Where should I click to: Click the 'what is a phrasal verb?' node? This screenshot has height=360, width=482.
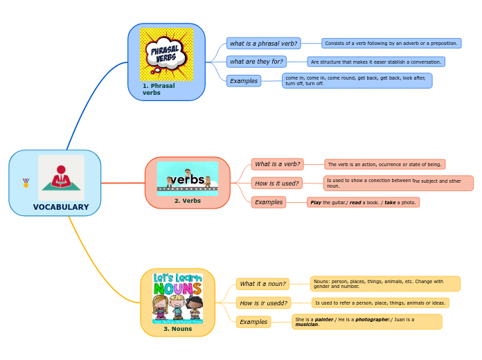263,44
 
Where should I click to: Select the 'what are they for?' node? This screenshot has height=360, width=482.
256,62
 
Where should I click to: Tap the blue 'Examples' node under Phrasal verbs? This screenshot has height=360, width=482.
244,81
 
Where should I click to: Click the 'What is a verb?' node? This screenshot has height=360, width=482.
277,164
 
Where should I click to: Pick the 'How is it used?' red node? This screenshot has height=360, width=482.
277,183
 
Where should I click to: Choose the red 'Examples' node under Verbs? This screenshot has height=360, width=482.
269,202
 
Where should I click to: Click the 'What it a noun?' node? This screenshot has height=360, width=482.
262,284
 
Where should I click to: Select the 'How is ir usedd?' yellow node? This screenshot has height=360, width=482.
263,303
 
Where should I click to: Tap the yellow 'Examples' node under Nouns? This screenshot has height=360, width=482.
253,322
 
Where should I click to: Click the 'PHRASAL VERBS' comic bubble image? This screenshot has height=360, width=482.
166,54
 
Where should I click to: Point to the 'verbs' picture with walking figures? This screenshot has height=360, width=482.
187,179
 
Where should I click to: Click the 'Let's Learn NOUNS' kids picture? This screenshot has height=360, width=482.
177,298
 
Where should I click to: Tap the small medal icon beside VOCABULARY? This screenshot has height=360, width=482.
26,183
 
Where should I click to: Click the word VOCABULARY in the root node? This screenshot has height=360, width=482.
61,207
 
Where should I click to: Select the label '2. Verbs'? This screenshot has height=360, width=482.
187,201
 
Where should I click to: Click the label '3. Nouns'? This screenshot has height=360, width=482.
177,329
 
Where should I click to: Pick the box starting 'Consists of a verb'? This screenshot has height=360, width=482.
391,44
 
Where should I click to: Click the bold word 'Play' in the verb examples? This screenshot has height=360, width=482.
316,203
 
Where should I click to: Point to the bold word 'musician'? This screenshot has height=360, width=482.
307,325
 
